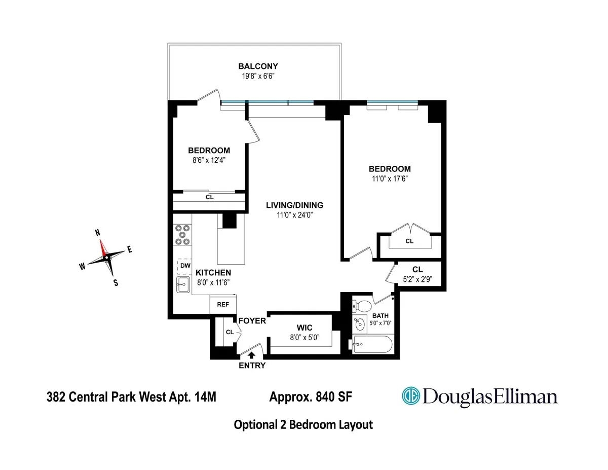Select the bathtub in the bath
[x=372, y=345]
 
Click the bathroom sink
[x=360, y=323]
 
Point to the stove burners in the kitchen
[x=182, y=235]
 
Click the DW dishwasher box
[x=185, y=266]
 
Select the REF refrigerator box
[x=223, y=305]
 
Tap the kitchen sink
[x=182, y=285]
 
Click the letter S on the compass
[x=116, y=283]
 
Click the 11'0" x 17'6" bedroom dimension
[x=390, y=178]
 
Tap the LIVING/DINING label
[x=295, y=205]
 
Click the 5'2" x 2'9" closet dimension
[x=417, y=278]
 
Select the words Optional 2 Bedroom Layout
[x=303, y=425]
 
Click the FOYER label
[x=252, y=320]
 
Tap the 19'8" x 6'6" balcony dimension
[x=258, y=76]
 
